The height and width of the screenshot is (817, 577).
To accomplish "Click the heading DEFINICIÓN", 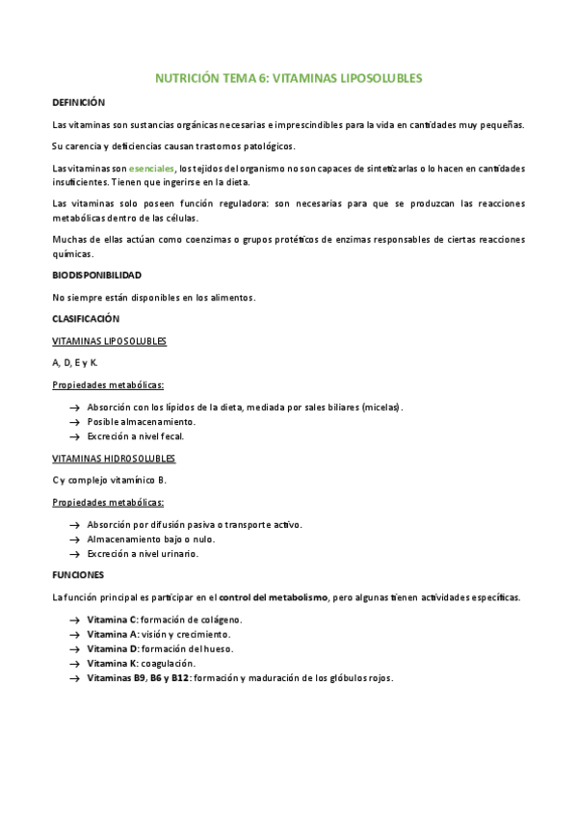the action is pos(78,102).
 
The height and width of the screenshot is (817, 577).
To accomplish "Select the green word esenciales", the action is pos(152,169).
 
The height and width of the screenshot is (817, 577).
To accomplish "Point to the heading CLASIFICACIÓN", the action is pos(85,319).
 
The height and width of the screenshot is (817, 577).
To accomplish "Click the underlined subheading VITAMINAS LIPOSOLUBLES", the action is pos(109,341).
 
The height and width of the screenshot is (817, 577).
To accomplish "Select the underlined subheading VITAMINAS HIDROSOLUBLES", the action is pos(114,459).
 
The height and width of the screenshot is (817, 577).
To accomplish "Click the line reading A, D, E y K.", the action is pos(75,363).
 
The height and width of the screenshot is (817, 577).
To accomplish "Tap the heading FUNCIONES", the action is pos(78,575).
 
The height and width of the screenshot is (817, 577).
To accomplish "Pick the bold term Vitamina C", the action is pos(113,619).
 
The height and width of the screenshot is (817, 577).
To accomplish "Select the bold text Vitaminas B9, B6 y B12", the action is pos(138,678).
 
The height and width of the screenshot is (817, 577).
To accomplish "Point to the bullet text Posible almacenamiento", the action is pos(141,422).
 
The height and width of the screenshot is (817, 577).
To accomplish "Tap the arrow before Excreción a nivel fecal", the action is pos(74,436).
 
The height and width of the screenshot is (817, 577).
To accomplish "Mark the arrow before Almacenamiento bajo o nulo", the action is pos(74,540).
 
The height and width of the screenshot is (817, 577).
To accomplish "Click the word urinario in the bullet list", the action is pos(177,554).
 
